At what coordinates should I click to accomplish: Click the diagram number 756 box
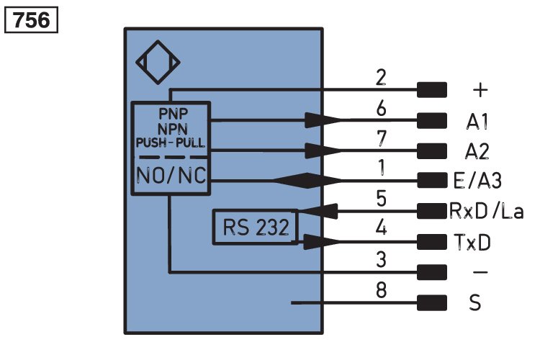(31, 20)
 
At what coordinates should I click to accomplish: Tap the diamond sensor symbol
(158, 41)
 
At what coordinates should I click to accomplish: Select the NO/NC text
(171, 175)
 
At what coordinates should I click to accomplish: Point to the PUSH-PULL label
(171, 143)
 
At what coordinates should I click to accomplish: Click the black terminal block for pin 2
(432, 90)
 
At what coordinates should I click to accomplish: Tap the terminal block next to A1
(432, 120)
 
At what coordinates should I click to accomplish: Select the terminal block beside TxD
(432, 241)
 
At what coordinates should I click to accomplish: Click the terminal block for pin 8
(432, 303)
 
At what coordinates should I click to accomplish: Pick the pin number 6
(381, 108)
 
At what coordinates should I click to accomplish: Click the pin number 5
(381, 199)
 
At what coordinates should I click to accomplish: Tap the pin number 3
(381, 259)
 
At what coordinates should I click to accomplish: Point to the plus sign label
(480, 90)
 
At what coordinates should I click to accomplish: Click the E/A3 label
(477, 181)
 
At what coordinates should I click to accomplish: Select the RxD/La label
(487, 211)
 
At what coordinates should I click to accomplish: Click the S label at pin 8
(475, 303)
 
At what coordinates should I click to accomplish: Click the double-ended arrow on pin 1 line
(308, 181)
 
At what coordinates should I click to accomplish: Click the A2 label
(477, 151)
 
